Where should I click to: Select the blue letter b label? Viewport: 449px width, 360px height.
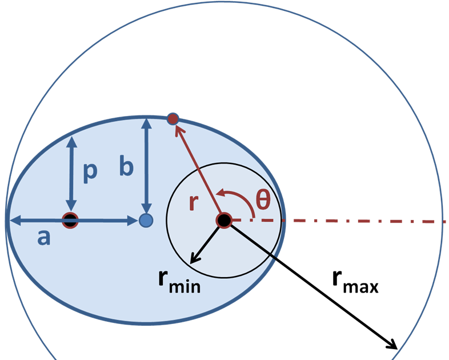pos(127,166)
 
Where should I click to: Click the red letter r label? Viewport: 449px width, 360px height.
pos(195,203)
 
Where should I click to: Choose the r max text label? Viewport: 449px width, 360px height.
pos(355,281)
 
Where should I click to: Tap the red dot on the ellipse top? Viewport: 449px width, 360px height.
pos(173,119)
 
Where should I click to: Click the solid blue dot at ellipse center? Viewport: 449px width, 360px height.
pos(146,220)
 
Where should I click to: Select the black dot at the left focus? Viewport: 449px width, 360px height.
pos(70,220)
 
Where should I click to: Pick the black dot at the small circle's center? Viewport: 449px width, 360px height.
pos(223,220)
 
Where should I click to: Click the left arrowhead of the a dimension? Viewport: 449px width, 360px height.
pos(13,220)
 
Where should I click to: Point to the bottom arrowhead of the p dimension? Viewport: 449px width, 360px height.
pos(71,207)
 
